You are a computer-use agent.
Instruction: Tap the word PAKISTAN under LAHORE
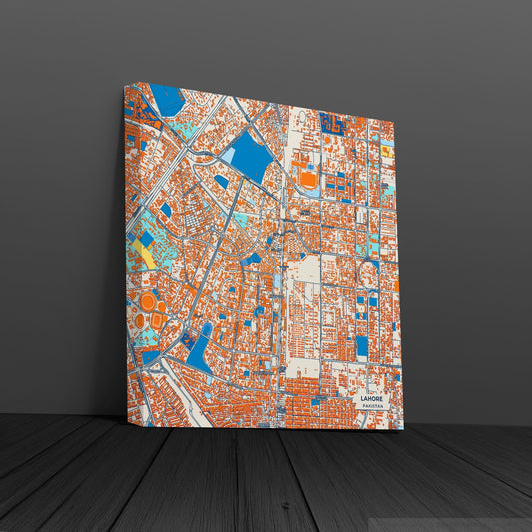371,406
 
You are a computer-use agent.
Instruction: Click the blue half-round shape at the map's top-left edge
167,100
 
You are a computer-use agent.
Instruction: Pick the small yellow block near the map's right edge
386,152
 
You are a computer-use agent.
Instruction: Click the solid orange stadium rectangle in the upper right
309,180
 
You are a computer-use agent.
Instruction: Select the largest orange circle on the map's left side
147,300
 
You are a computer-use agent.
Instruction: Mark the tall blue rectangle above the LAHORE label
362,346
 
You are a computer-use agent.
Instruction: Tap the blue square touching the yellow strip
146,239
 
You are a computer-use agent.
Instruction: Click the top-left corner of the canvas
125,84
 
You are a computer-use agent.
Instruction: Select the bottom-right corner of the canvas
403,428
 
